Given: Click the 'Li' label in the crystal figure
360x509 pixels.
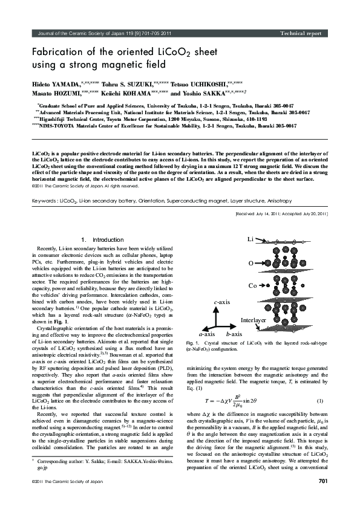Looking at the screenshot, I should point(251,240).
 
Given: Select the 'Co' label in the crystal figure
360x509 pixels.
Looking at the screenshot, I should point(252,285).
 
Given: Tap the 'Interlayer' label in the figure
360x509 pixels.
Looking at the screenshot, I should point(254,319).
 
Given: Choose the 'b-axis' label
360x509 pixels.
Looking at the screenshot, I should point(234,333).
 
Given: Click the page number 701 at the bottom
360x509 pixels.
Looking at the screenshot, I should point(322,498).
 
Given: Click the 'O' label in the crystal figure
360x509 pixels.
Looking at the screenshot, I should point(251,263).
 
